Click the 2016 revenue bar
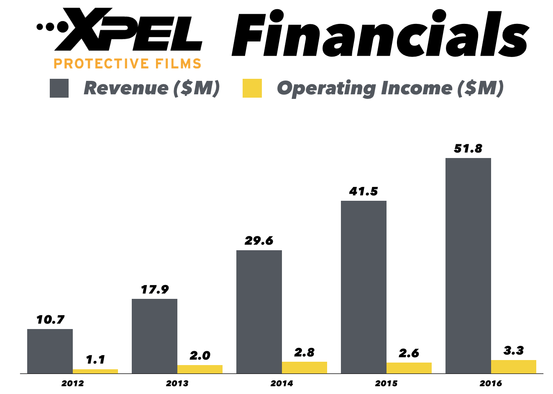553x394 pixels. pos(468,265)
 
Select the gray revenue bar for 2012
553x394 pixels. pos(50,351)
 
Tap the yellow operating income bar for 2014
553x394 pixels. pos(304,367)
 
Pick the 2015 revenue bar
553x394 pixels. pos(364,287)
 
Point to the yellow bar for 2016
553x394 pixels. pos(513,366)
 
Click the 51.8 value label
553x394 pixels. pos(468,149)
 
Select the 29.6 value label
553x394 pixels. pos(259,241)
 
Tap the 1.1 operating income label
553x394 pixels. pos(95,360)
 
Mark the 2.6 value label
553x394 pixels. pos(409,353)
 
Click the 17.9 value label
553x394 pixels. pos(154,290)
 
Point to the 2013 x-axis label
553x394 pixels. pos(177,383)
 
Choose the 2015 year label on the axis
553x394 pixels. pos(386,383)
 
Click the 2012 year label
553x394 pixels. pos(72,383)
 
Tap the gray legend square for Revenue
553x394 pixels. pos(59,88)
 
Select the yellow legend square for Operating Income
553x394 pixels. pos(252,88)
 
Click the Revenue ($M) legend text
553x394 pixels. pos(151,88)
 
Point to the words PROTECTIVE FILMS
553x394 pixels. pos(128,64)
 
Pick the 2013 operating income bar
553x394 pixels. pos(200,369)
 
